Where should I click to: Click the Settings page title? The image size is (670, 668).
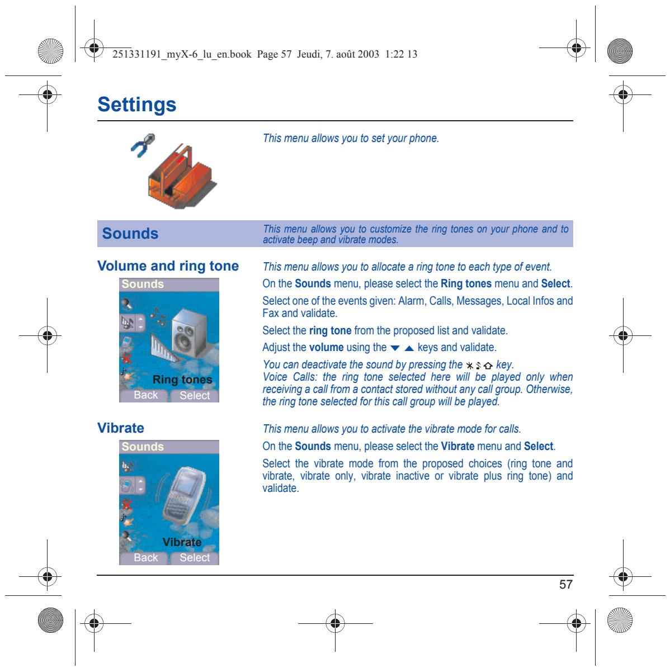[136, 105]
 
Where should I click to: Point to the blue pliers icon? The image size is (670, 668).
[143, 145]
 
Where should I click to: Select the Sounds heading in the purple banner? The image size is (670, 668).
[130, 234]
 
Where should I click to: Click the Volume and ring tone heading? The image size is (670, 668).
[168, 266]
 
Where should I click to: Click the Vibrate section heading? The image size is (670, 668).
[120, 428]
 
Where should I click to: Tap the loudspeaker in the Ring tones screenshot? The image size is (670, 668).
[189, 333]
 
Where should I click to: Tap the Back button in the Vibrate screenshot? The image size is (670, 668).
[146, 557]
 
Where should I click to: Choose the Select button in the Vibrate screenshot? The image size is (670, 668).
[195, 557]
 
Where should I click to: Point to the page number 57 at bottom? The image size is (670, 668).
[566, 584]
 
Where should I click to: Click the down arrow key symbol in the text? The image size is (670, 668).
[395, 348]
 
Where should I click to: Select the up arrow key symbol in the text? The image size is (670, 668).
[409, 348]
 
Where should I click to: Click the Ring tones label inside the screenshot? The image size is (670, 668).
[182, 380]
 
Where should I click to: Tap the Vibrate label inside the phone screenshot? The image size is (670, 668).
[182, 542]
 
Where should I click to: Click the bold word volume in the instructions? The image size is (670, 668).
[327, 347]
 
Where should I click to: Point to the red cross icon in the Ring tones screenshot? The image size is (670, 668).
[126, 358]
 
